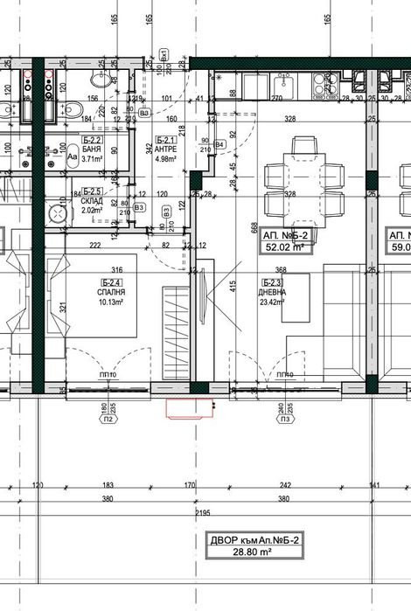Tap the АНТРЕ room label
[167, 149]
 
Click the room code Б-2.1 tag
[167, 140]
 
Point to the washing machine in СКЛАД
[62, 213]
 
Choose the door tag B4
[220, 143]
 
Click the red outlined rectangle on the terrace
[191, 407]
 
